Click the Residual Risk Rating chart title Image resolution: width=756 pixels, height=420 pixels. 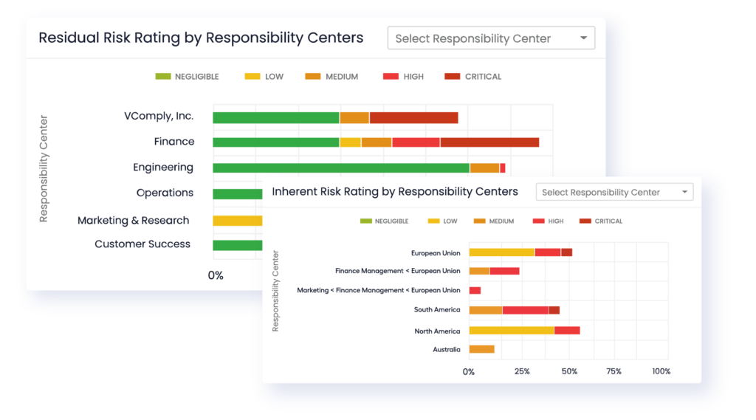point(201,38)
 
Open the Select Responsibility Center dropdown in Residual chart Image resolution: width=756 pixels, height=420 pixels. point(491,38)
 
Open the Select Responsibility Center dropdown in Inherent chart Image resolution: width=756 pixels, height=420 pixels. point(614,192)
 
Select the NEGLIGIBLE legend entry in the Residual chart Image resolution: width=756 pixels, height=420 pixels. point(189,77)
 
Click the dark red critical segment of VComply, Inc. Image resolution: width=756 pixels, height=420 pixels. point(413,117)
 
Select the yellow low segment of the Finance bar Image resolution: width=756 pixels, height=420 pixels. point(350,142)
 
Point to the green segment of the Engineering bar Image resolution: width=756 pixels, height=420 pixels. point(340,168)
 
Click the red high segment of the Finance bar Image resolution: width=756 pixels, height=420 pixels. point(416,142)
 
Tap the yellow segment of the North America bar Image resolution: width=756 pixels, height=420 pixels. point(511,330)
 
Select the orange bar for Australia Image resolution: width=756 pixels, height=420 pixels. point(481,349)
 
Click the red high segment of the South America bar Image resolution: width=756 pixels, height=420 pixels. point(525,310)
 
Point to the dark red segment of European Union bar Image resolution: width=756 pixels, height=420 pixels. point(566,252)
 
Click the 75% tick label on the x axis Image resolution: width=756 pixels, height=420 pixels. point(614,371)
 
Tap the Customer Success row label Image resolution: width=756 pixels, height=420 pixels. point(142,244)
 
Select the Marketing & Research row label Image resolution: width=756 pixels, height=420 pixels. point(134,220)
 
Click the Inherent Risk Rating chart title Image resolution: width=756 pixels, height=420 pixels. point(395,192)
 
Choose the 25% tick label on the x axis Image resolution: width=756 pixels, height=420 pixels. point(522,371)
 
